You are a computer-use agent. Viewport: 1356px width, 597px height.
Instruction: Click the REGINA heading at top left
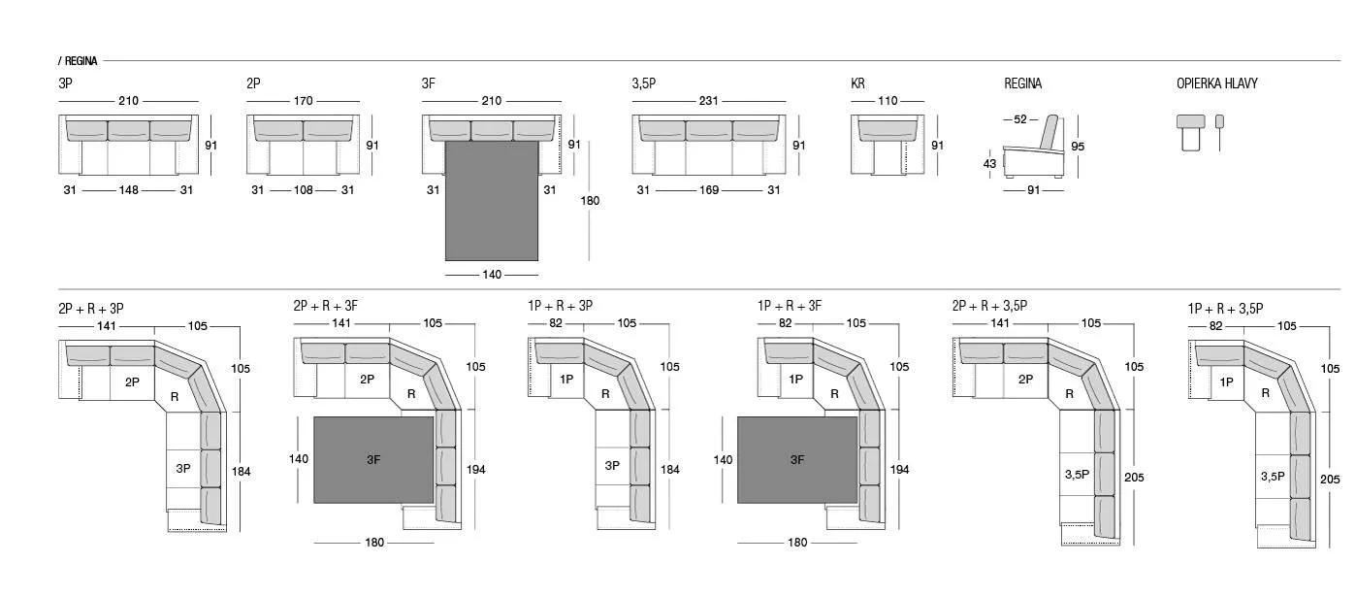[81, 60]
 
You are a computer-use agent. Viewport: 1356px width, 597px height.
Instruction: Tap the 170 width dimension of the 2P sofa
[304, 101]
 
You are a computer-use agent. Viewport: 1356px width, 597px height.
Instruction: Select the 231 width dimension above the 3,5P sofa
[708, 101]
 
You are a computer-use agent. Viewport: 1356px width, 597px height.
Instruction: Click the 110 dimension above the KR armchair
[888, 101]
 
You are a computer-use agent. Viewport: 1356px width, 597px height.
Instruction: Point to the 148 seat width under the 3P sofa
[128, 189]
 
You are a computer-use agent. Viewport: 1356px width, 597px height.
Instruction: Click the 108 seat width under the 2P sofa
[304, 189]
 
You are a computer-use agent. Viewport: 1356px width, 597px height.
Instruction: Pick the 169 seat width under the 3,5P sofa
[709, 189]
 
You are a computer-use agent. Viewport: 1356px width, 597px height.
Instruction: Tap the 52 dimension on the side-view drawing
[1020, 119]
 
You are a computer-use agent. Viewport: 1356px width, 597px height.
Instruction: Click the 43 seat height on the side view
[989, 164]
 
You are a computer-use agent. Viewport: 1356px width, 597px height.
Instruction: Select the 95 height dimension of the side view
[1078, 146]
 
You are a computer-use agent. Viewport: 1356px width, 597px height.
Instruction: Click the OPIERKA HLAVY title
[1216, 83]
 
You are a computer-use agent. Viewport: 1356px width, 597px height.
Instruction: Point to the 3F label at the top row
[428, 83]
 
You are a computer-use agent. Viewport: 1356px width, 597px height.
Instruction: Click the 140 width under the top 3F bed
[492, 275]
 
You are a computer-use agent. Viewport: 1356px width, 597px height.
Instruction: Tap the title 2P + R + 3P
[91, 309]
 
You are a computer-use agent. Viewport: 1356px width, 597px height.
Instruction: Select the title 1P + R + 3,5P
[1225, 309]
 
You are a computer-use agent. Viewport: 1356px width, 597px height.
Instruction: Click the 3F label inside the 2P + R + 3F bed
[373, 460]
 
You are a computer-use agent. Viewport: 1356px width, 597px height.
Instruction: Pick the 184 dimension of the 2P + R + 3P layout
[241, 471]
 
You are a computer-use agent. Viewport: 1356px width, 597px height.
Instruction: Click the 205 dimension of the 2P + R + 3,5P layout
[1134, 477]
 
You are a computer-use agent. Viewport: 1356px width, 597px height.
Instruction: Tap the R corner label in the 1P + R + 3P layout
[605, 394]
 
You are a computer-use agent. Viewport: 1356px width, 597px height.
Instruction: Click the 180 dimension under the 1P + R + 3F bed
[797, 543]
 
